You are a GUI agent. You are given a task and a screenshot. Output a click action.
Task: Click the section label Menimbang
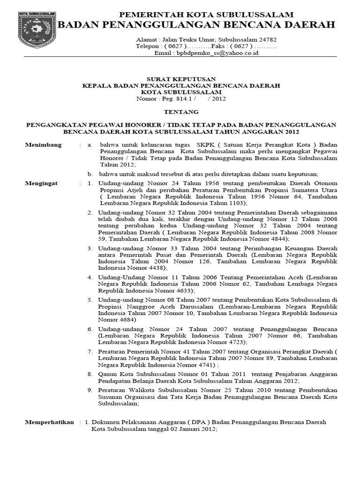tap(43, 145)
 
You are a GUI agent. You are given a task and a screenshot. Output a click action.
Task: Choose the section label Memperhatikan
tap(49, 422)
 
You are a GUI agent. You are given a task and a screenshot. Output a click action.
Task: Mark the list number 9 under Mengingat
tap(90, 390)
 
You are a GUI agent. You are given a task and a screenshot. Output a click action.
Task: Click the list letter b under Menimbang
tap(90, 174)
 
